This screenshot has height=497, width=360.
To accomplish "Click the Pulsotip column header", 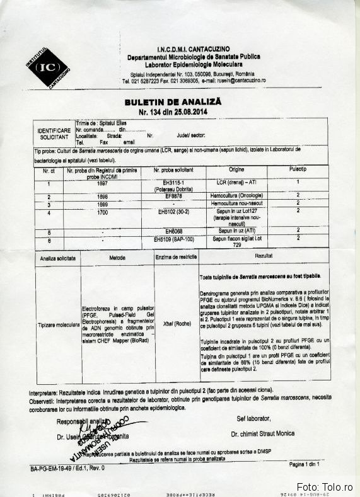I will [x=297, y=170].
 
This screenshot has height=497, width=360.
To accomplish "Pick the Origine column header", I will [x=236, y=170].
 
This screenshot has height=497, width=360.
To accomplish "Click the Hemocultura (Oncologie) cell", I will [x=236, y=197].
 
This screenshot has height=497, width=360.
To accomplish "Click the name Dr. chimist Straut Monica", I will [x=262, y=435].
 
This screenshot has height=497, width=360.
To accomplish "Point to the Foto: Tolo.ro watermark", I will [x=326, y=487].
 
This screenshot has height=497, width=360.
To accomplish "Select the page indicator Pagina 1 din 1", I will [x=305, y=464].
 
